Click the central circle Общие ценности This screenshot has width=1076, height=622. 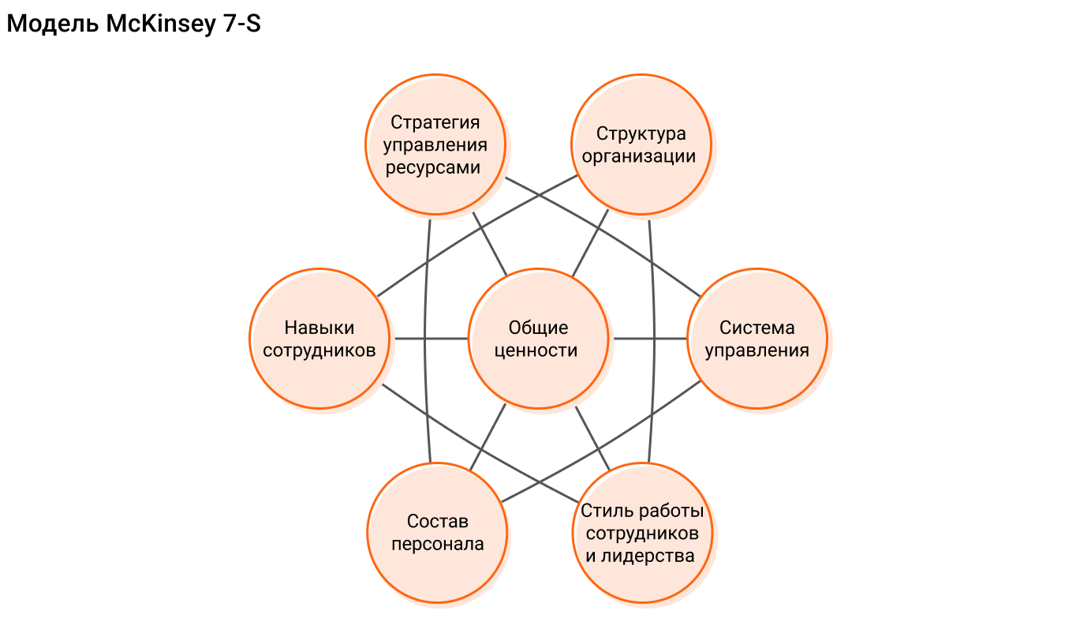coord(538,339)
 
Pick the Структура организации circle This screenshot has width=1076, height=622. coord(641,144)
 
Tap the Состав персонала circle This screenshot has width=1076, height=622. coord(437,532)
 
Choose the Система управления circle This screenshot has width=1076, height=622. coord(757,339)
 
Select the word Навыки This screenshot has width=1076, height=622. coord(319,328)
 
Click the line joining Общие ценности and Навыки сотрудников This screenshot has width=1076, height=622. coord(431,339)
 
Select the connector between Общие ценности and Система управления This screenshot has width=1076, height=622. coord(648,339)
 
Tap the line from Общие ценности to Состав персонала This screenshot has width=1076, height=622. coord(488,438)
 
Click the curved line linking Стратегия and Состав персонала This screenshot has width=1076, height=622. coord(424,339)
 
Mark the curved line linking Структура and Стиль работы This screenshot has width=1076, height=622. coord(655,339)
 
